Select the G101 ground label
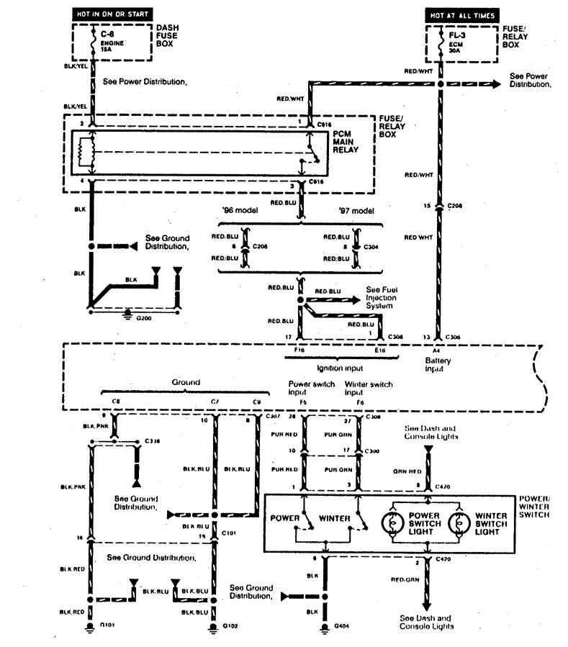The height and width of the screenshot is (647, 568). coord(110,626)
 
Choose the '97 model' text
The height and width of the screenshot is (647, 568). coord(354,211)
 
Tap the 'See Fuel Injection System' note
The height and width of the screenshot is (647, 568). coord(379,297)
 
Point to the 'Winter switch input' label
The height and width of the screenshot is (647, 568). coord(369,389)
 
